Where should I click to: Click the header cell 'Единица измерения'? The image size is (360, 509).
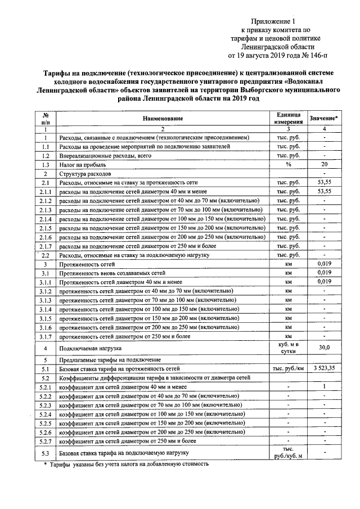point(288,119)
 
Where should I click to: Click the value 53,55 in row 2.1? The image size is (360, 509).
point(323,183)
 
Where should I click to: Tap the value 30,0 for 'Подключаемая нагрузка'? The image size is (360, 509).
point(323,348)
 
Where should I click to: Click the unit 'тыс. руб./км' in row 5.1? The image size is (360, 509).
point(288,368)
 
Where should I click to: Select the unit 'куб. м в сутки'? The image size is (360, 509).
point(288,348)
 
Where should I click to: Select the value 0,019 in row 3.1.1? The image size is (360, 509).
point(323,282)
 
